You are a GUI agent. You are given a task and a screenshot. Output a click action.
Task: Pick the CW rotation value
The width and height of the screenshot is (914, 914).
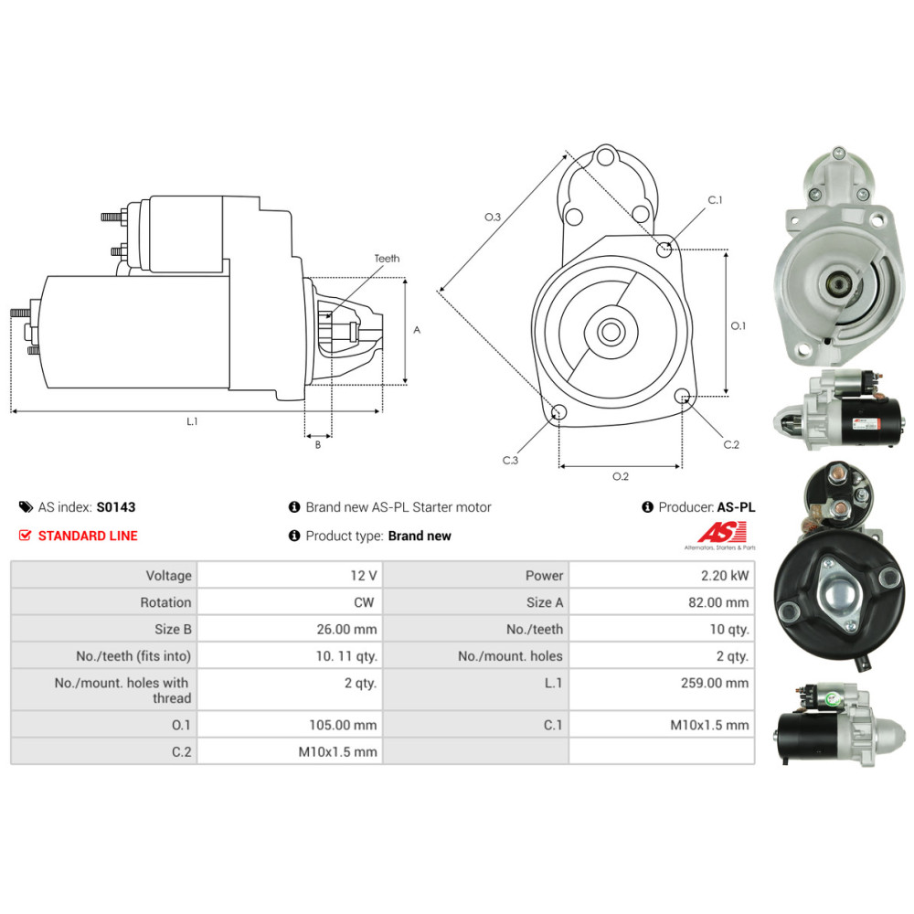pyautogui.click(x=365, y=602)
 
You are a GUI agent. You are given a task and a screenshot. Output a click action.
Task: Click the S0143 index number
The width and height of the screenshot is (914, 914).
pyautogui.click(x=116, y=507)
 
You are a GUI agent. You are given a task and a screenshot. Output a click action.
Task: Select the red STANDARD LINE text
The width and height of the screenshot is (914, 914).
pyautogui.click(x=88, y=536)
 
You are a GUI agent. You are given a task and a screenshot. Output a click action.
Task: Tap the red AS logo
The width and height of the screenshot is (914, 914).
pyautogui.click(x=722, y=531)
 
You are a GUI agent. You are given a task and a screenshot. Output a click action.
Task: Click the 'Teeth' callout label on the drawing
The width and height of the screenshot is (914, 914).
pyautogui.click(x=387, y=259)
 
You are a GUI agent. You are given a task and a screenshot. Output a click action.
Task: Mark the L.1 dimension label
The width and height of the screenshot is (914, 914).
pyautogui.click(x=193, y=421)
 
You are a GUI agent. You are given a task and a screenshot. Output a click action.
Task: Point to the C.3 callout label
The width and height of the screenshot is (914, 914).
pyautogui.click(x=510, y=461)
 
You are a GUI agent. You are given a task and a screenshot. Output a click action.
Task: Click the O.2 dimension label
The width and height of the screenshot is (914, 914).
pyautogui.click(x=620, y=476)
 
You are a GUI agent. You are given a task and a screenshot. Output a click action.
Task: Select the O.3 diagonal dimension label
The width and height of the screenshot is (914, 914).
pyautogui.click(x=493, y=217)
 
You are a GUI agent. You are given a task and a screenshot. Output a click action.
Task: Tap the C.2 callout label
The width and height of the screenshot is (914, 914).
pyautogui.click(x=730, y=444)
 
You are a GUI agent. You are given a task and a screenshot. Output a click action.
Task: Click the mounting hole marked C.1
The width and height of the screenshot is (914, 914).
pyautogui.click(x=666, y=248)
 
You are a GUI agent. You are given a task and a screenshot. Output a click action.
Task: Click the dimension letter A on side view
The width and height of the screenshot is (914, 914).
pyautogui.click(x=417, y=330)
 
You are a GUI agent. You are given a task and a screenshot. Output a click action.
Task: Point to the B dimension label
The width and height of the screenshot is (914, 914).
pyautogui.click(x=318, y=445)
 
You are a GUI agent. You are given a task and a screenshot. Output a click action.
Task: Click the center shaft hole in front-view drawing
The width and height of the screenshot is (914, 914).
pyautogui.click(x=611, y=332)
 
